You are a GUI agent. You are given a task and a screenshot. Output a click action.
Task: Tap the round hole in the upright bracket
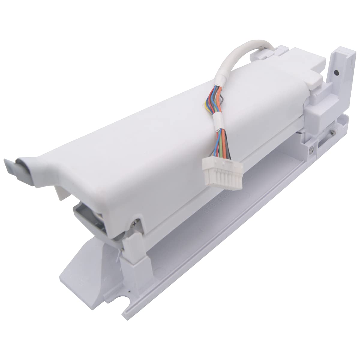pos(337,73)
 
